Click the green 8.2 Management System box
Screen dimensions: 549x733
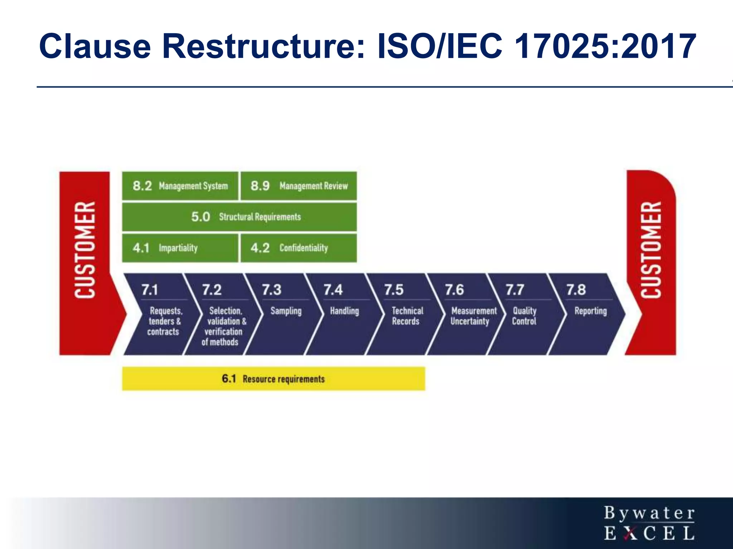180,186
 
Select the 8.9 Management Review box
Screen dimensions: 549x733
299,186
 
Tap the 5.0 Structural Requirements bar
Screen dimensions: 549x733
239,217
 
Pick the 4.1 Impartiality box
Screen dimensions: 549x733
180,248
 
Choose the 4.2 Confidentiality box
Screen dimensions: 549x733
299,248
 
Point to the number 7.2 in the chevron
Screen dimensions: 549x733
212,290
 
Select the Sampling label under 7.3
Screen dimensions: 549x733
286,311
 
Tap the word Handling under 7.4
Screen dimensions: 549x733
344,311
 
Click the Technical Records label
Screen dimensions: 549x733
407,316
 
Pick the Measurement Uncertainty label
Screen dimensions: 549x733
473,316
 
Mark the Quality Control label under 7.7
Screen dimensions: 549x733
524,316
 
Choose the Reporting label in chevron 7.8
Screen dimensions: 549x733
591,311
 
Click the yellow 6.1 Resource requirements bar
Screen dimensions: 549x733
273,379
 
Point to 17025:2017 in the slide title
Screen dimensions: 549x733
605,46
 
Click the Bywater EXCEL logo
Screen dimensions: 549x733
649,523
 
